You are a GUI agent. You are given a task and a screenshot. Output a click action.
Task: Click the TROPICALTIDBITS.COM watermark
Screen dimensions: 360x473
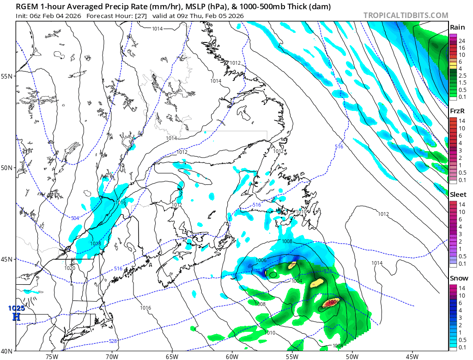[406, 15]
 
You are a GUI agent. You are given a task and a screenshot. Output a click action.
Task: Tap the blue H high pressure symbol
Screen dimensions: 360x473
[16, 317]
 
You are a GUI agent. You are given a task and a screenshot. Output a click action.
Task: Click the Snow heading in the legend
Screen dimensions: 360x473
[459, 278]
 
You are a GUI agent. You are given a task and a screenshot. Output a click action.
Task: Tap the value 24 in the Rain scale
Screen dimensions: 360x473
[461, 41]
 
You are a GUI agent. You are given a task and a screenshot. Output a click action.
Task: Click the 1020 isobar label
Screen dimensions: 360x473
[70, 268]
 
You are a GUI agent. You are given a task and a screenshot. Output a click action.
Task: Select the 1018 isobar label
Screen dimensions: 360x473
[96, 244]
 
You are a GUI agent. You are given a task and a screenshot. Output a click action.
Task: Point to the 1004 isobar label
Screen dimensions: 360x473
[297, 281]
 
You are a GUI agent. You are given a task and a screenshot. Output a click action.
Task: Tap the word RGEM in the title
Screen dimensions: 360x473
[25, 6]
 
